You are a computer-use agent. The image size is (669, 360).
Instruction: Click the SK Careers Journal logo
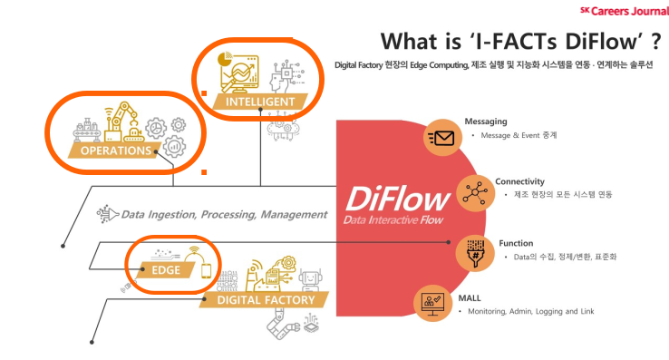pyautogui.click(x=625, y=11)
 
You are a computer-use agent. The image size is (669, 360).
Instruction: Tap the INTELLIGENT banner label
pyautogui.click(x=260, y=102)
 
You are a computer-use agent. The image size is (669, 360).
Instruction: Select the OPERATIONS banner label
pyautogui.click(x=116, y=151)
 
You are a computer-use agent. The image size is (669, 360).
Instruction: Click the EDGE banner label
pyautogui.click(x=166, y=270)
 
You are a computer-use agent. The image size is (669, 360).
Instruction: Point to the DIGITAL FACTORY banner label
pyautogui.click(x=266, y=300)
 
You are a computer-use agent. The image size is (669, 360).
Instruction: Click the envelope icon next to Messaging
pyautogui.click(x=442, y=138)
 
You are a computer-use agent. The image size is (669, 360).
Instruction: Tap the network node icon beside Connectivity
pyautogui.click(x=475, y=192)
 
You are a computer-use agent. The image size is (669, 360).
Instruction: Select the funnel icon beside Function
pyautogui.click(x=474, y=254)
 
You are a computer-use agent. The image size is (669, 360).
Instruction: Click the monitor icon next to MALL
pyautogui.click(x=432, y=303)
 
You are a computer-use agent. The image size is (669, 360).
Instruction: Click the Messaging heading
pyautogui.click(x=486, y=122)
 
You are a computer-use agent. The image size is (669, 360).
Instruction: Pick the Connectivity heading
pyautogui.click(x=519, y=181)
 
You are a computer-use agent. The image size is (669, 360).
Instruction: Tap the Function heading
pyautogui.click(x=516, y=243)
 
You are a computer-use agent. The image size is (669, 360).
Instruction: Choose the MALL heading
pyautogui.click(x=470, y=298)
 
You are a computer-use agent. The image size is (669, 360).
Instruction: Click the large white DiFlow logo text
pyautogui.click(x=398, y=199)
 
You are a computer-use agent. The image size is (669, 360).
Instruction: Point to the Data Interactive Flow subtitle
pyautogui.click(x=393, y=220)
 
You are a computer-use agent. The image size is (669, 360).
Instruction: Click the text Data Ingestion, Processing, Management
pyautogui.click(x=225, y=214)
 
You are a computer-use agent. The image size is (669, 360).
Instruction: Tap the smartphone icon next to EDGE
pyautogui.click(x=206, y=271)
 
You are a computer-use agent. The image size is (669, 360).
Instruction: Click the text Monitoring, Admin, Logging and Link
pyautogui.click(x=531, y=311)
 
